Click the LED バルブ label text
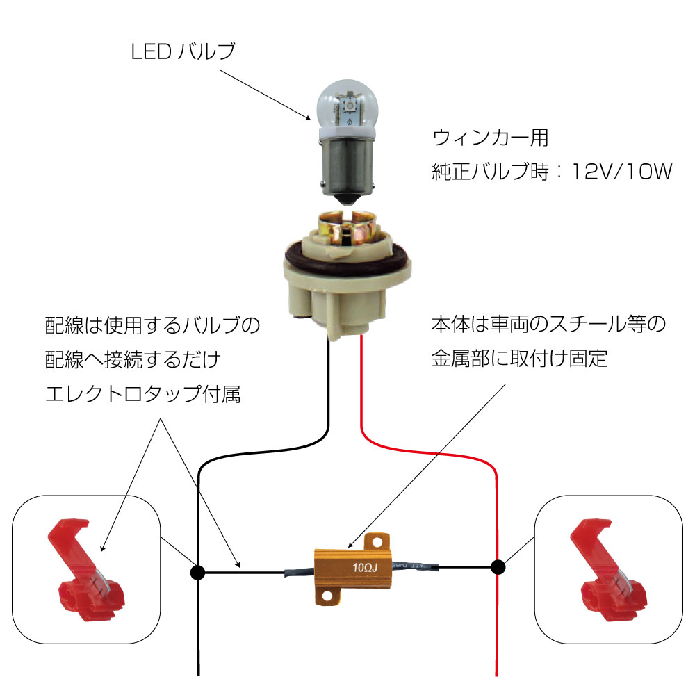tap(183, 51)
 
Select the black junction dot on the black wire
tap(197, 573)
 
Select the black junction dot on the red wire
tap(498, 566)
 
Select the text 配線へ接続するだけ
tap(132, 360)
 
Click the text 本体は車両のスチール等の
tap(548, 325)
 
